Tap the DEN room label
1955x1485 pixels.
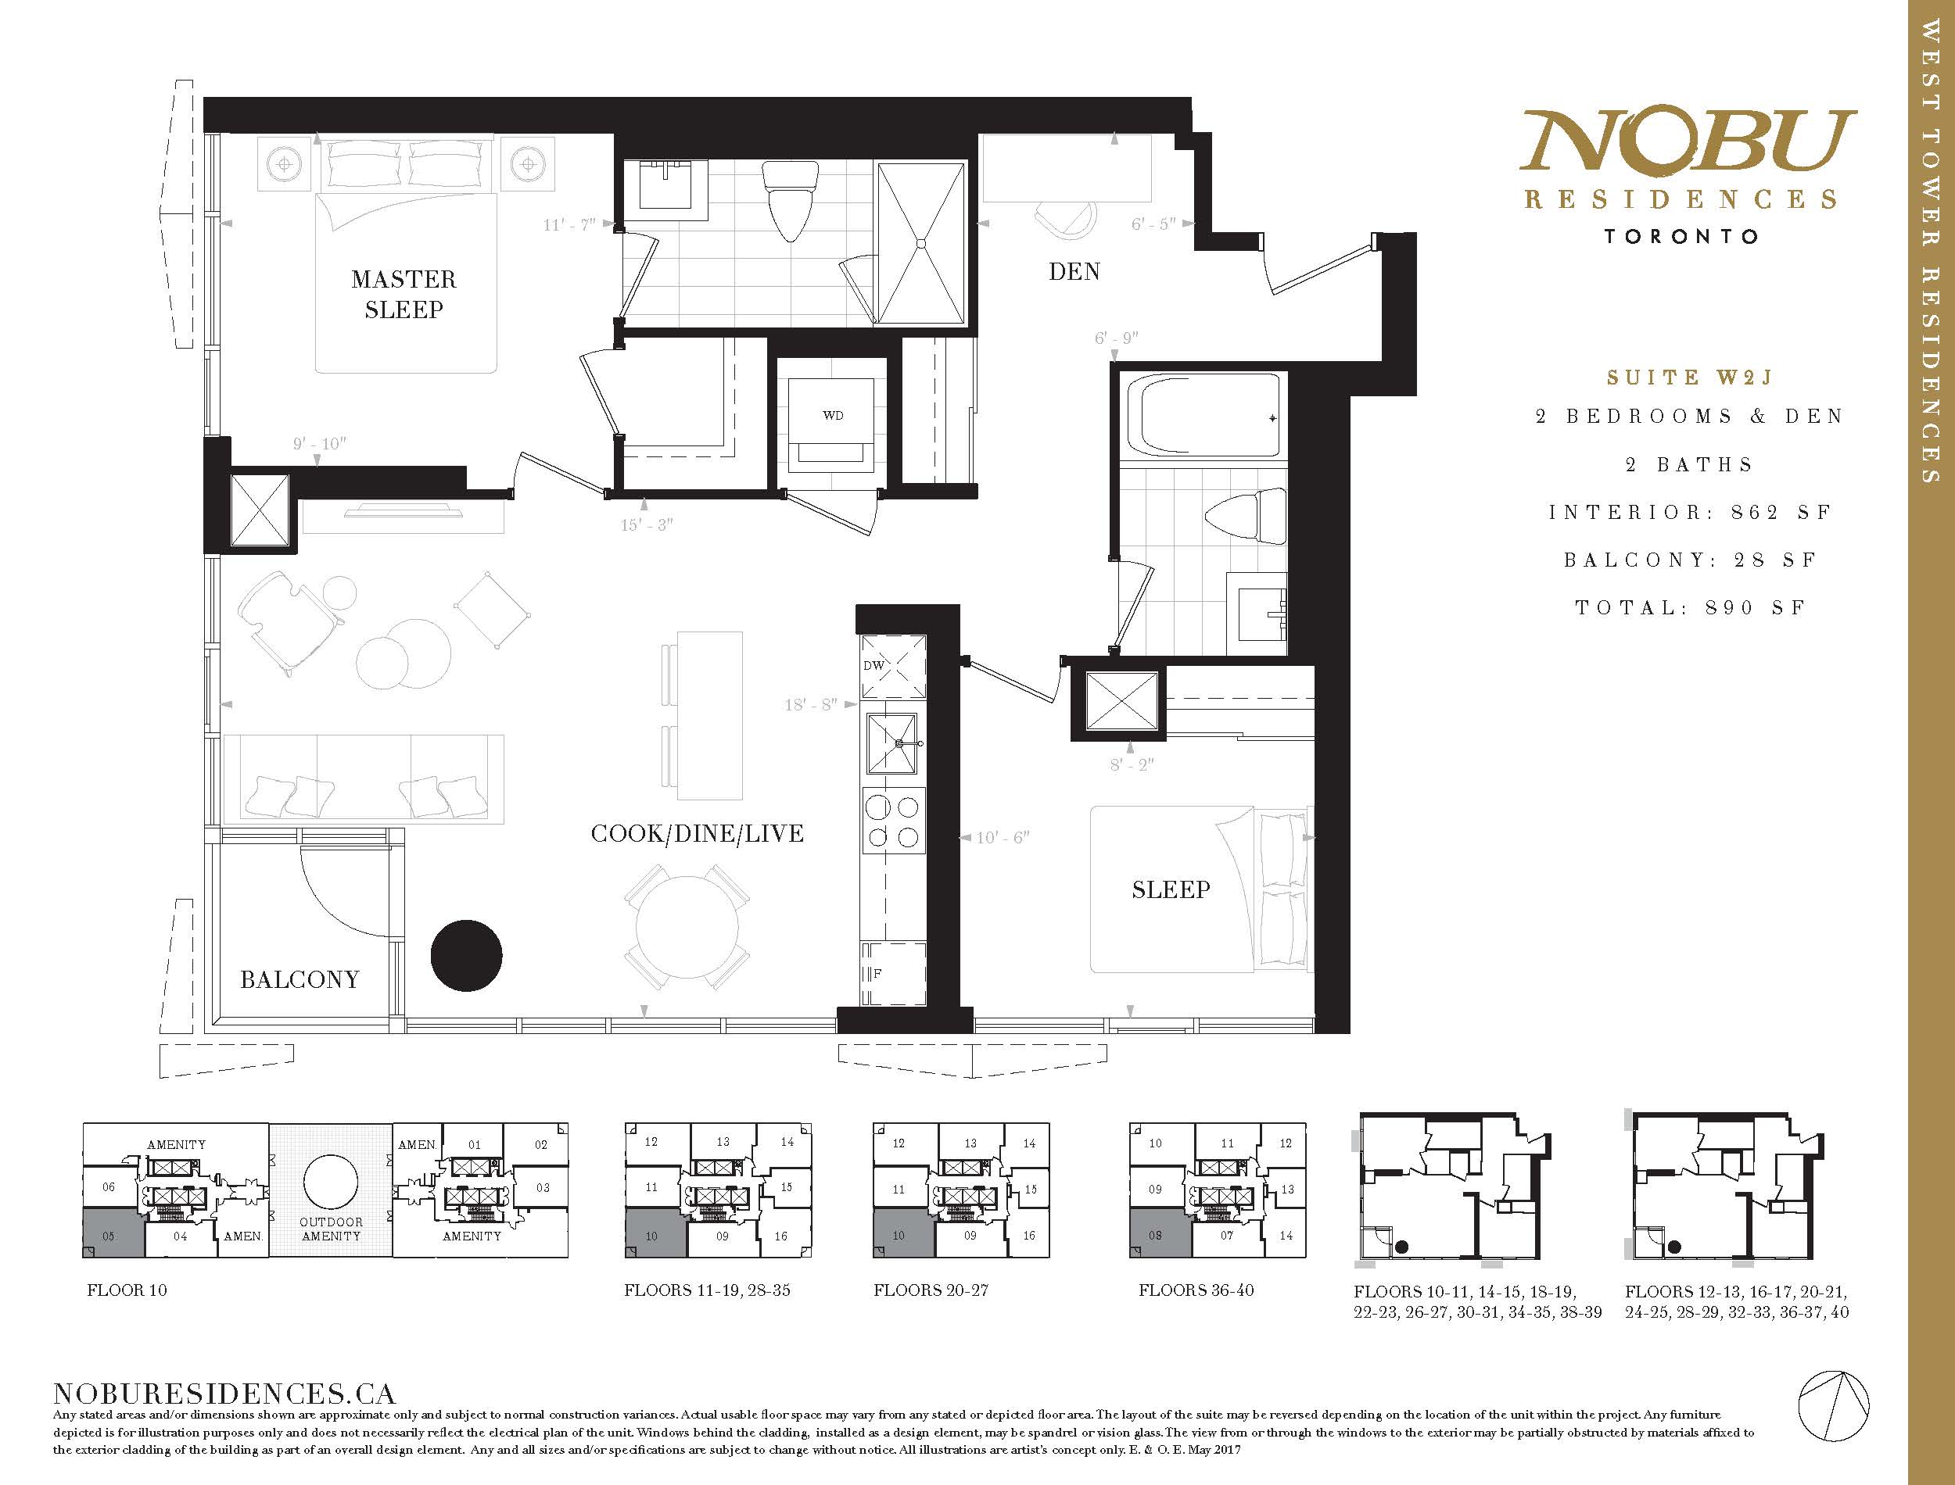pos(1074,271)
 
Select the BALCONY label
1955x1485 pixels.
pos(300,979)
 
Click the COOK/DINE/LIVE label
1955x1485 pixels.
pos(698,833)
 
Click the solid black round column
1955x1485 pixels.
pos(467,956)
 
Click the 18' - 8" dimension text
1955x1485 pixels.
pos(811,705)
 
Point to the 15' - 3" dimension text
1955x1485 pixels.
pos(647,525)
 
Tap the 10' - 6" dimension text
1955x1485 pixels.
pos(1003,837)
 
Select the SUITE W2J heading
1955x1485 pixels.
pos(1690,378)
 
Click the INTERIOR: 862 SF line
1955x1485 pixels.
pos(1690,513)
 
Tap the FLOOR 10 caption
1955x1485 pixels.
pos(127,1290)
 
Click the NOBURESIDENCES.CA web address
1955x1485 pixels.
pos(224,1395)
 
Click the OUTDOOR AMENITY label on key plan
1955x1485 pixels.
pos(331,1229)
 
